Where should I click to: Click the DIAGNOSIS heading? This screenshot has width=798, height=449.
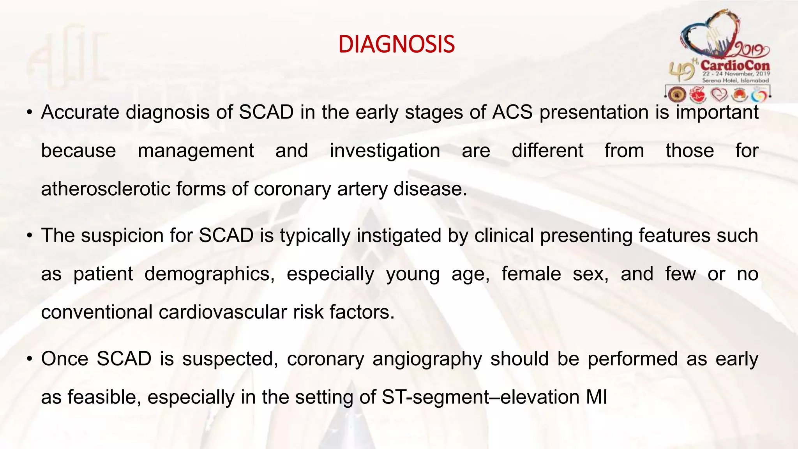pos(396,44)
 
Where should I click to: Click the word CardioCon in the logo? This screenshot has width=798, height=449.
pos(735,65)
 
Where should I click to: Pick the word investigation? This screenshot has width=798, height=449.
pos(385,151)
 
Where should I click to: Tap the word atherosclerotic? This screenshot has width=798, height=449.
pos(106,189)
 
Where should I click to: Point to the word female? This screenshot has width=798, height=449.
pos(531,274)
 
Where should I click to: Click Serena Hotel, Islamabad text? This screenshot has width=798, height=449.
pos(735,80)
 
